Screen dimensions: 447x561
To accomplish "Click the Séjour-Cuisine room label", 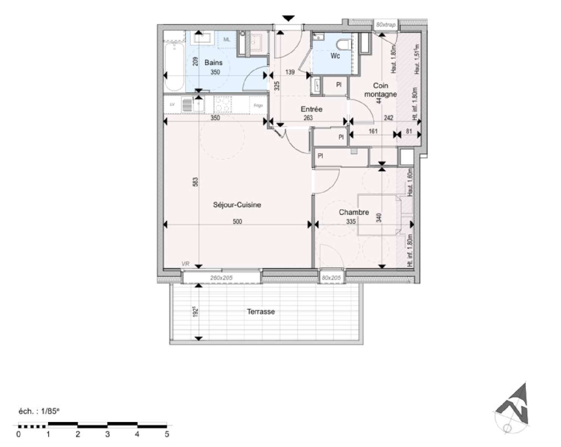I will (237, 205).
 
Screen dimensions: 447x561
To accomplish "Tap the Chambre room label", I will (354, 212).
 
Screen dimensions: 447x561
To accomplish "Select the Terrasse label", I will (261, 311).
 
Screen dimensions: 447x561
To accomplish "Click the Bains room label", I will (213, 63).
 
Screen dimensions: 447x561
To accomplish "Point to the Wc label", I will (335, 56).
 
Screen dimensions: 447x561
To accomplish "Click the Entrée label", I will (312, 109).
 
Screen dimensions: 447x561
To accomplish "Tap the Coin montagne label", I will (380, 90).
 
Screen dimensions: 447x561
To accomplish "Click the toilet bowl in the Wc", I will (343, 45).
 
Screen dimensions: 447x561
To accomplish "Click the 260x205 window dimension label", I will (221, 278).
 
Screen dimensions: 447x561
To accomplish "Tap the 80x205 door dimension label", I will (331, 278).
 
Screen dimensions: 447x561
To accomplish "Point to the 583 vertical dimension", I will (195, 182).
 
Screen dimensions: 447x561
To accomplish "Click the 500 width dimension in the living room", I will (237, 221).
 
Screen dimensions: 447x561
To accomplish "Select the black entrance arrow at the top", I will (288, 18).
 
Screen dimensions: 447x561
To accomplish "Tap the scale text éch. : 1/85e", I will (39, 411).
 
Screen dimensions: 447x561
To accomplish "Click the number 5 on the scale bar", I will (167, 434).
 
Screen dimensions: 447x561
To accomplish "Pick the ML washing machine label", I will (227, 39).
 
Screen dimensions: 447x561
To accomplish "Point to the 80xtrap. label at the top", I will (386, 25).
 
